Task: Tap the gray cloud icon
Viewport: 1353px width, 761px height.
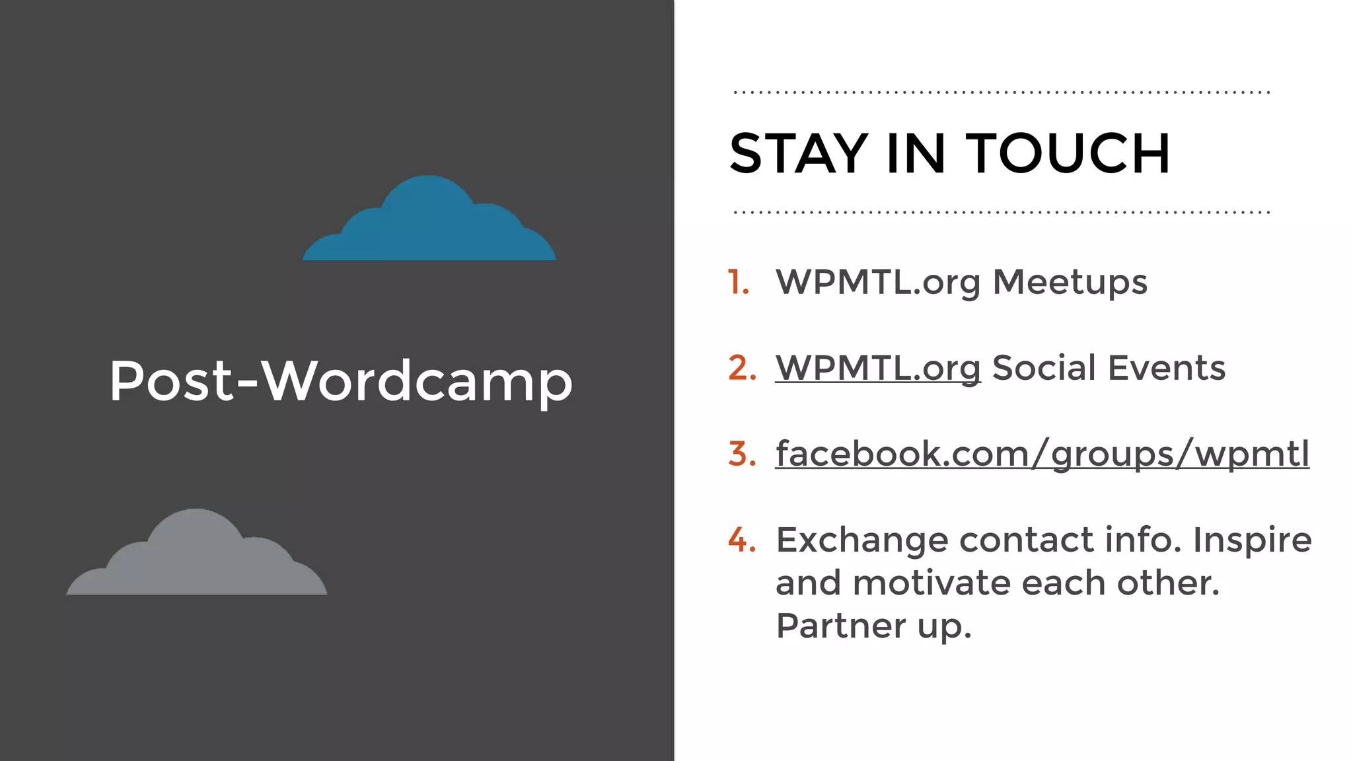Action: point(197,558)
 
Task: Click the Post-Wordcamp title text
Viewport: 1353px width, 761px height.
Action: point(341,381)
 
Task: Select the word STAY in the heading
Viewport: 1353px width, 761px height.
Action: point(799,154)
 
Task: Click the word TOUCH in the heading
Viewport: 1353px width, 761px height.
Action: point(1068,154)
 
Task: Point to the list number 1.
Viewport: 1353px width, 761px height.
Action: point(739,282)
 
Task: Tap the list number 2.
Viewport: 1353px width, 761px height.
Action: point(742,368)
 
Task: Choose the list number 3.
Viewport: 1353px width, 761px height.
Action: point(742,454)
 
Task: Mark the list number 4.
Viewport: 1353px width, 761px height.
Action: point(742,540)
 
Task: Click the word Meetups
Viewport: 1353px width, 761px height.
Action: point(1070,282)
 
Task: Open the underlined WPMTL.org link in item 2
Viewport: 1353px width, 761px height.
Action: point(877,368)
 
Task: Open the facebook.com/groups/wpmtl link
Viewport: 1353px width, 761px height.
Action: point(1042,454)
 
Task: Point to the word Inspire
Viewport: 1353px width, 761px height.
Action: point(1252,540)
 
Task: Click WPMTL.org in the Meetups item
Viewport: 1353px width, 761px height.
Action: point(877,282)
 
